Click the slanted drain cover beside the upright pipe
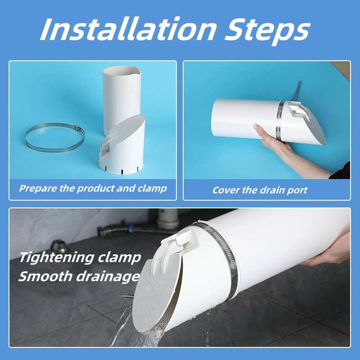(125, 144)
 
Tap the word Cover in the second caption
(225, 190)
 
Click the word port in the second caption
(297, 190)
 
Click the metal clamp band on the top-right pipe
(280, 121)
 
